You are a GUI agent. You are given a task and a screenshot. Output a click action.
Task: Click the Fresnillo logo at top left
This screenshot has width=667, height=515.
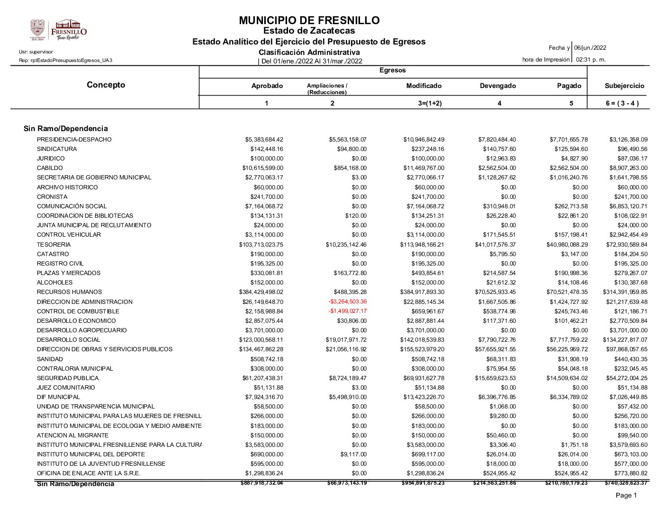(x=59, y=30)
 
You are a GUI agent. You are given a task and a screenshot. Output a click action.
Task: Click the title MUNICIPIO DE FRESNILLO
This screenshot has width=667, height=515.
(x=309, y=20)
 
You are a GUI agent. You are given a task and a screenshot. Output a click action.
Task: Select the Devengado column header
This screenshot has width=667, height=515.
(x=497, y=86)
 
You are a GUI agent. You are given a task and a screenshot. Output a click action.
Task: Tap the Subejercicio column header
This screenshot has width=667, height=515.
(x=624, y=86)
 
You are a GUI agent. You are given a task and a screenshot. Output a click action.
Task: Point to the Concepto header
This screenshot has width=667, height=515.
(x=106, y=85)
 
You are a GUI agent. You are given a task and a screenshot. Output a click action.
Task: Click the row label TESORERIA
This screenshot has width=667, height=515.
(x=54, y=245)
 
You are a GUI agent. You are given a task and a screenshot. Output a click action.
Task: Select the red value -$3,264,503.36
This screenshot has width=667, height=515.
(x=347, y=302)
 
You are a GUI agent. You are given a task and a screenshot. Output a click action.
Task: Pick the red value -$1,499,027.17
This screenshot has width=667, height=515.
(x=347, y=311)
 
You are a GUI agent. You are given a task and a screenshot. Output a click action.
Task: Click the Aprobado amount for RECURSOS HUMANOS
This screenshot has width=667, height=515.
(x=261, y=292)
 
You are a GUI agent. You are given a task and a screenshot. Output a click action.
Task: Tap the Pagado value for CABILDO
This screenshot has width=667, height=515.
(x=568, y=168)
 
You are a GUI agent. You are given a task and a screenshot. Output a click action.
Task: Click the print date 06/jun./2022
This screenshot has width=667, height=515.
(x=590, y=48)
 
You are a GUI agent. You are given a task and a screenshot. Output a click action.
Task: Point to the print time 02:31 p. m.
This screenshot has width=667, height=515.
(x=590, y=60)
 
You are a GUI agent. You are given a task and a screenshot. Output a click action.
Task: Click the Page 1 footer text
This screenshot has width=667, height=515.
(x=626, y=495)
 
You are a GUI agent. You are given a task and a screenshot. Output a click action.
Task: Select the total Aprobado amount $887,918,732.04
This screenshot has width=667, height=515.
(x=261, y=483)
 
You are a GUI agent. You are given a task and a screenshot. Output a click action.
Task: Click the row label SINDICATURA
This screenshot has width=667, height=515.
(x=56, y=149)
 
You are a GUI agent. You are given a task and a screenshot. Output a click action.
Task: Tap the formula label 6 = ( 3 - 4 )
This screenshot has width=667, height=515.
(x=622, y=103)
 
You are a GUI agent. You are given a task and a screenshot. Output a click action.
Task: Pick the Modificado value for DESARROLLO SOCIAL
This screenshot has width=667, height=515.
(x=422, y=340)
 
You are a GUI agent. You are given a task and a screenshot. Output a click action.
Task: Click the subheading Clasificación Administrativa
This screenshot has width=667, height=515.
(x=309, y=52)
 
